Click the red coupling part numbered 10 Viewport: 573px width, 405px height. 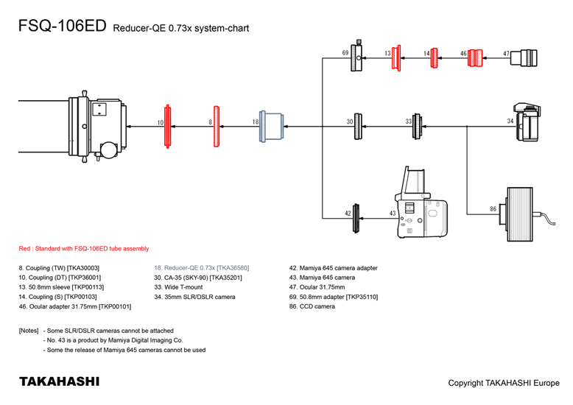point(168,126)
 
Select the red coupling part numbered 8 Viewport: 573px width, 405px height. point(217,127)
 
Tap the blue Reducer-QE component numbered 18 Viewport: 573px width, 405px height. point(273,126)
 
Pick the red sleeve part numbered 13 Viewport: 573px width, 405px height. point(397,57)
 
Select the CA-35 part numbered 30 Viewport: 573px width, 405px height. point(359,126)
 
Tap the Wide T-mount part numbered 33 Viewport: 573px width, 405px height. point(417,126)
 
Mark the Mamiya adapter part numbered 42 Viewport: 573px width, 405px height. point(356,216)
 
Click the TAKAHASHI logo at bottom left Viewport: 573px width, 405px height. point(59,382)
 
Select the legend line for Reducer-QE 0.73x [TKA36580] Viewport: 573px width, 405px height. point(202,268)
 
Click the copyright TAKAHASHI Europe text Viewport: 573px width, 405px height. point(504,383)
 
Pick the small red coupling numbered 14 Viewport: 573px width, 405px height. point(436,57)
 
